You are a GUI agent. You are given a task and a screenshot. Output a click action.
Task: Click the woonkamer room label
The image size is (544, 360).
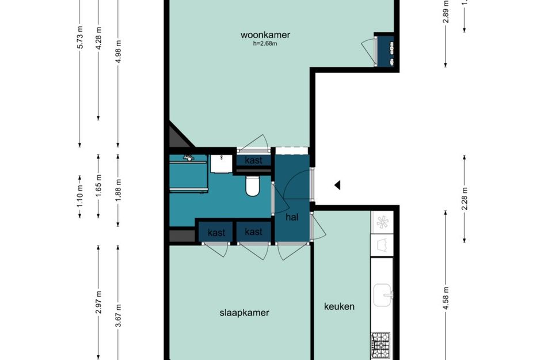click(265, 35)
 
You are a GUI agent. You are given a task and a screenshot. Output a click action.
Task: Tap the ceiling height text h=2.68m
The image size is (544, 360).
click(265, 44)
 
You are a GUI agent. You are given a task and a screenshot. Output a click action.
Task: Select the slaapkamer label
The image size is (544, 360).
click(244, 313)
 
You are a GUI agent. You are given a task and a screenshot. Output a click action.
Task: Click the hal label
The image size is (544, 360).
click(292, 217)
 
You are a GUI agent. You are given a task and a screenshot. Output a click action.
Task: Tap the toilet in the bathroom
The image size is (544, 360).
click(252, 185)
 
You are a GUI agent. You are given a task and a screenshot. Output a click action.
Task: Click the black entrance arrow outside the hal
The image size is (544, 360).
click(338, 185)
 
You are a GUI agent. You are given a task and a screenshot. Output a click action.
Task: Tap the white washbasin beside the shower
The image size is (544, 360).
click(219, 164)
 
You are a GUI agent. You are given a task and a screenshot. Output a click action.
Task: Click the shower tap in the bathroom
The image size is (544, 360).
click(188, 156)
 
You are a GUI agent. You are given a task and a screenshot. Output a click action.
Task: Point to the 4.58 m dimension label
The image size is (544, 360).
click(446, 300)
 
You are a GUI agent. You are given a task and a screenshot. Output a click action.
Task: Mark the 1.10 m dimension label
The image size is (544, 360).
click(80, 199)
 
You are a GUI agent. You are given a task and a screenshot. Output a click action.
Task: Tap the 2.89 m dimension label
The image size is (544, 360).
click(446, 14)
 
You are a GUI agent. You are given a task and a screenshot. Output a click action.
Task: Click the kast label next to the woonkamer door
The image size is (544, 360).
click(253, 161)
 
